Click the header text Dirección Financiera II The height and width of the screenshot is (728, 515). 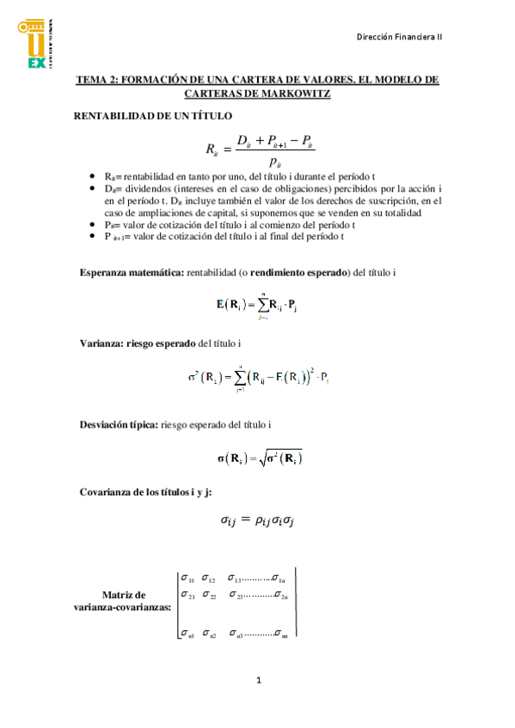coord(399,37)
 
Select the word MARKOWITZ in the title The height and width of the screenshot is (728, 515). coord(294,94)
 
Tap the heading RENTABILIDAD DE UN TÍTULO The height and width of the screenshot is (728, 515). coord(151,115)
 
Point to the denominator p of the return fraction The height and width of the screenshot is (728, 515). coord(273,161)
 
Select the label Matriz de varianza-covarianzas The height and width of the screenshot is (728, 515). coord(124,601)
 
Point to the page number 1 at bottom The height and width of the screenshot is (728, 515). coord(258,681)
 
